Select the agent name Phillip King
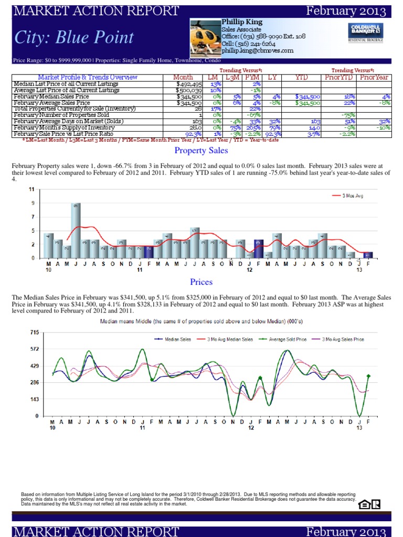[x=242, y=22]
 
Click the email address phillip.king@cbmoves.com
[x=257, y=51]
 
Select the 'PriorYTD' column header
[x=340, y=78]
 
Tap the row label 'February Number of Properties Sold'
[x=61, y=115]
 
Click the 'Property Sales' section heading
[x=201, y=151]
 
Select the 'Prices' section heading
[x=201, y=282]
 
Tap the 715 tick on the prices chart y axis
[x=34, y=332]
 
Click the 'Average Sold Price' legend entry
[x=288, y=339]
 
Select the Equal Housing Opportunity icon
[x=364, y=504]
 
